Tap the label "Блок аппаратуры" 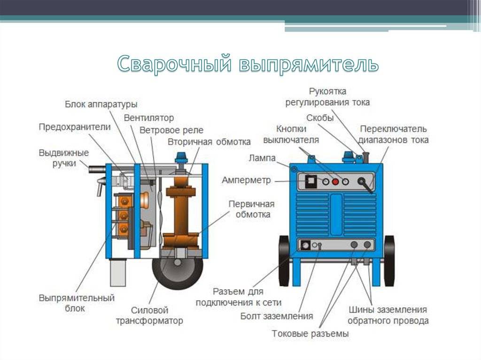pos(101,104)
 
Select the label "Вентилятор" pos(149,118)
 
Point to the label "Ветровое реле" pos(171,130)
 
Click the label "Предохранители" pos(75,127)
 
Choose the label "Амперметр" pos(246,180)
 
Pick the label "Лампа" pos(262,158)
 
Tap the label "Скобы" pos(320,118)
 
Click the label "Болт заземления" pos(277,316)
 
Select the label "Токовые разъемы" pos(310,333)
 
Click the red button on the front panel pos(335,182)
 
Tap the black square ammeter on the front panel pos(311,181)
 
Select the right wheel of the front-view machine pos(389,261)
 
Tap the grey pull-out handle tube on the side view pos(97,169)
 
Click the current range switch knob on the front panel pos(363,181)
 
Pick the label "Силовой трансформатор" pos(149,315)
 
